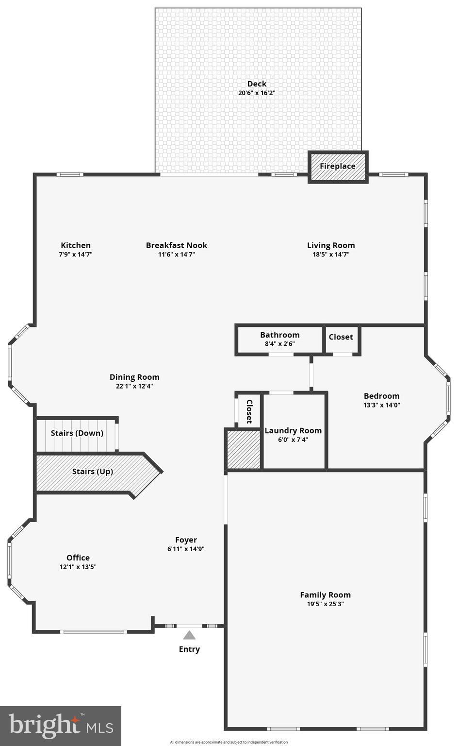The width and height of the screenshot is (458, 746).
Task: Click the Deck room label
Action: (257, 84)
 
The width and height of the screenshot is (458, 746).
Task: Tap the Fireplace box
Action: (338, 166)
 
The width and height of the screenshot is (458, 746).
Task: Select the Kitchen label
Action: (76, 245)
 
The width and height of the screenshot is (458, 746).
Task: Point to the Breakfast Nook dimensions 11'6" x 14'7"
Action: (177, 254)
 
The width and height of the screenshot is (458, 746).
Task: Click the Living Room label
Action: (331, 245)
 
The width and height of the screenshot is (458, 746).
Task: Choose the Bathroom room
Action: (279, 339)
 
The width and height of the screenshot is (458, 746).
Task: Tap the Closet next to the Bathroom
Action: (341, 337)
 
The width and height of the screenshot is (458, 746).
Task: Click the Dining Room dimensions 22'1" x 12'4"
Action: (134, 386)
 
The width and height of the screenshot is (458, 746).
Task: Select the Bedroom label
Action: (382, 396)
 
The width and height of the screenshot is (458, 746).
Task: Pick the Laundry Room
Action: (293, 435)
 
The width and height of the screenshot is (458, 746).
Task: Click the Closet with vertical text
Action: (249, 411)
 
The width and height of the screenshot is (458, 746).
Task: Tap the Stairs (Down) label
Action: (77, 433)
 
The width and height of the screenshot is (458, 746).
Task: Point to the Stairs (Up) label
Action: (93, 471)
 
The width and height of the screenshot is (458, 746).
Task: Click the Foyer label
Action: (186, 540)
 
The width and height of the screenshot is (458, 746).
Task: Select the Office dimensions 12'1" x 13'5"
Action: (78, 567)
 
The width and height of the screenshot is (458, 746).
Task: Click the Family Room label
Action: (325, 594)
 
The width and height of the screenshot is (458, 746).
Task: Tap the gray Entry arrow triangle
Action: (189, 635)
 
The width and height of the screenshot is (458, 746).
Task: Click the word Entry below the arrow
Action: (189, 649)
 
